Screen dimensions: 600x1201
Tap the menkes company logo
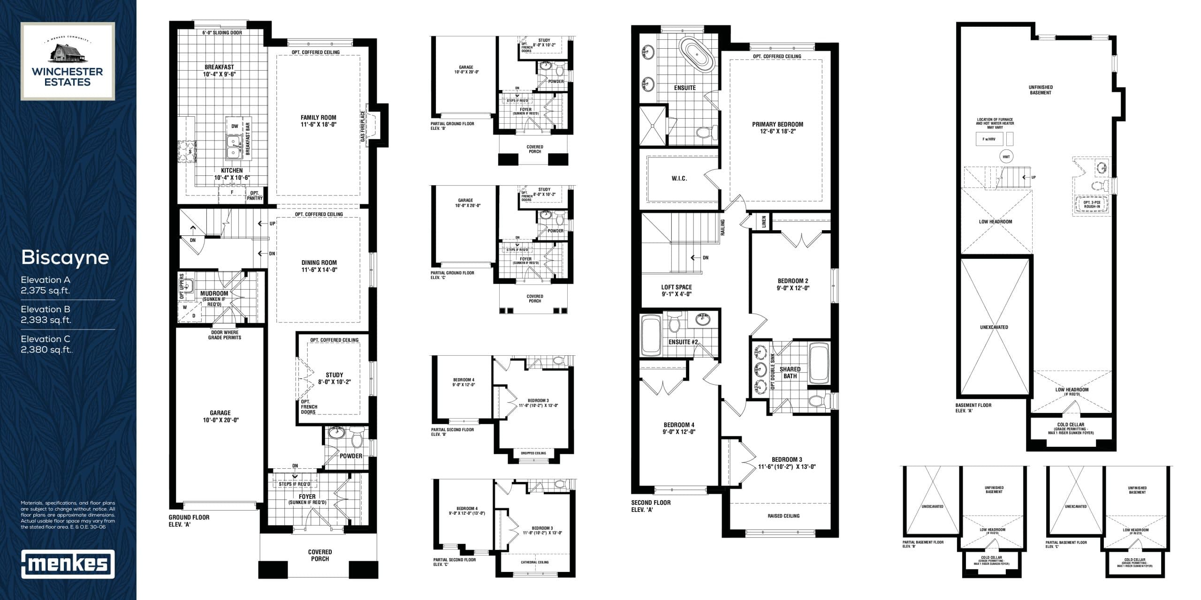pos(68,564)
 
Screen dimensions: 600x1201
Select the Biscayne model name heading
pos(65,257)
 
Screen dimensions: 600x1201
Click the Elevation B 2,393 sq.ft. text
pos(46,315)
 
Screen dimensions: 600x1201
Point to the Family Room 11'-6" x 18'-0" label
pos(319,121)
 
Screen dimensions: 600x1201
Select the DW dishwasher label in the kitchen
pos(235,126)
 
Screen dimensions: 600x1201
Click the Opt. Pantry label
pos(255,195)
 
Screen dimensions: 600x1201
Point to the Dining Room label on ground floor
pos(319,266)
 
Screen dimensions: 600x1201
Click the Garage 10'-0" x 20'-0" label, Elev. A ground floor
pos(220,416)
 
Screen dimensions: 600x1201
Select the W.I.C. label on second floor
pos(679,179)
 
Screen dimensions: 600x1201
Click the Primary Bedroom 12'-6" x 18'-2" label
pos(777,127)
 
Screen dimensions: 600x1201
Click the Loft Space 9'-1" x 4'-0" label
pos(677,291)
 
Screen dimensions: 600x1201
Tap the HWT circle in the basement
pos(1006,157)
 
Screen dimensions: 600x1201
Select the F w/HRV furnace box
pos(989,139)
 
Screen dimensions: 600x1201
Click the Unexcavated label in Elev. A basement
pos(994,327)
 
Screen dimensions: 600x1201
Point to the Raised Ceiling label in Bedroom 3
pos(783,516)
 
